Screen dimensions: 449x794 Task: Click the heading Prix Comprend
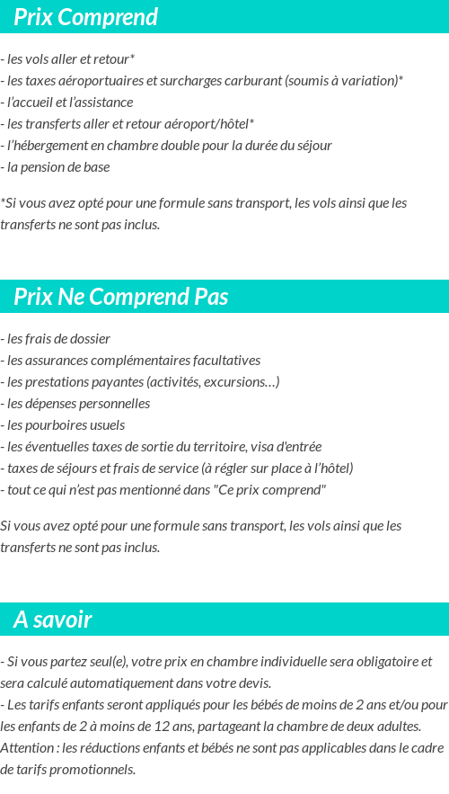(85, 17)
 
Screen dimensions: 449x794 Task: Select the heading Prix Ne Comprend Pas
(120, 297)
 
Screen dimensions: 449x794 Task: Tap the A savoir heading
(52, 620)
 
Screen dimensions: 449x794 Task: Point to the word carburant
(249, 81)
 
